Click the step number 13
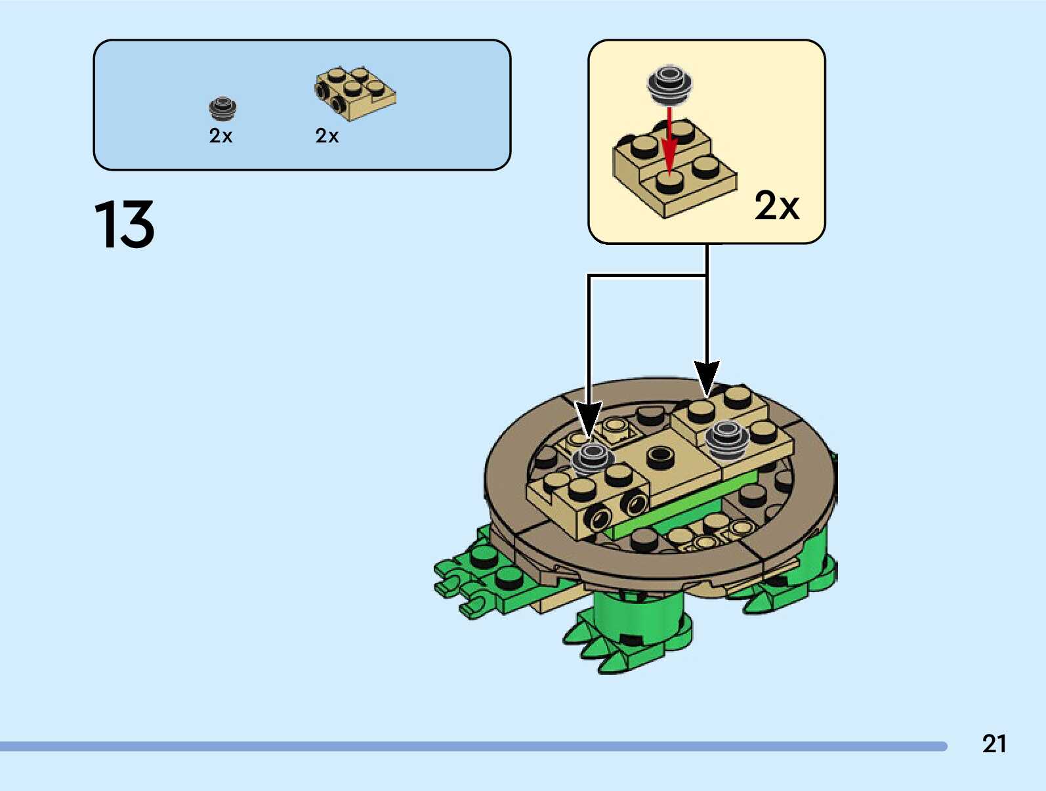[125, 224]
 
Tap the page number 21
[994, 743]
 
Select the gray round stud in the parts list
[223, 108]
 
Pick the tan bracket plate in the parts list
[355, 93]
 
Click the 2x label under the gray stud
[220, 136]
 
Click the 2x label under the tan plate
[327, 136]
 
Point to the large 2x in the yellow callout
[776, 205]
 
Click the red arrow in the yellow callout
[669, 141]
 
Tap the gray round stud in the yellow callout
[669, 84]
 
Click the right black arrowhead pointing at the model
[707, 378]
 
